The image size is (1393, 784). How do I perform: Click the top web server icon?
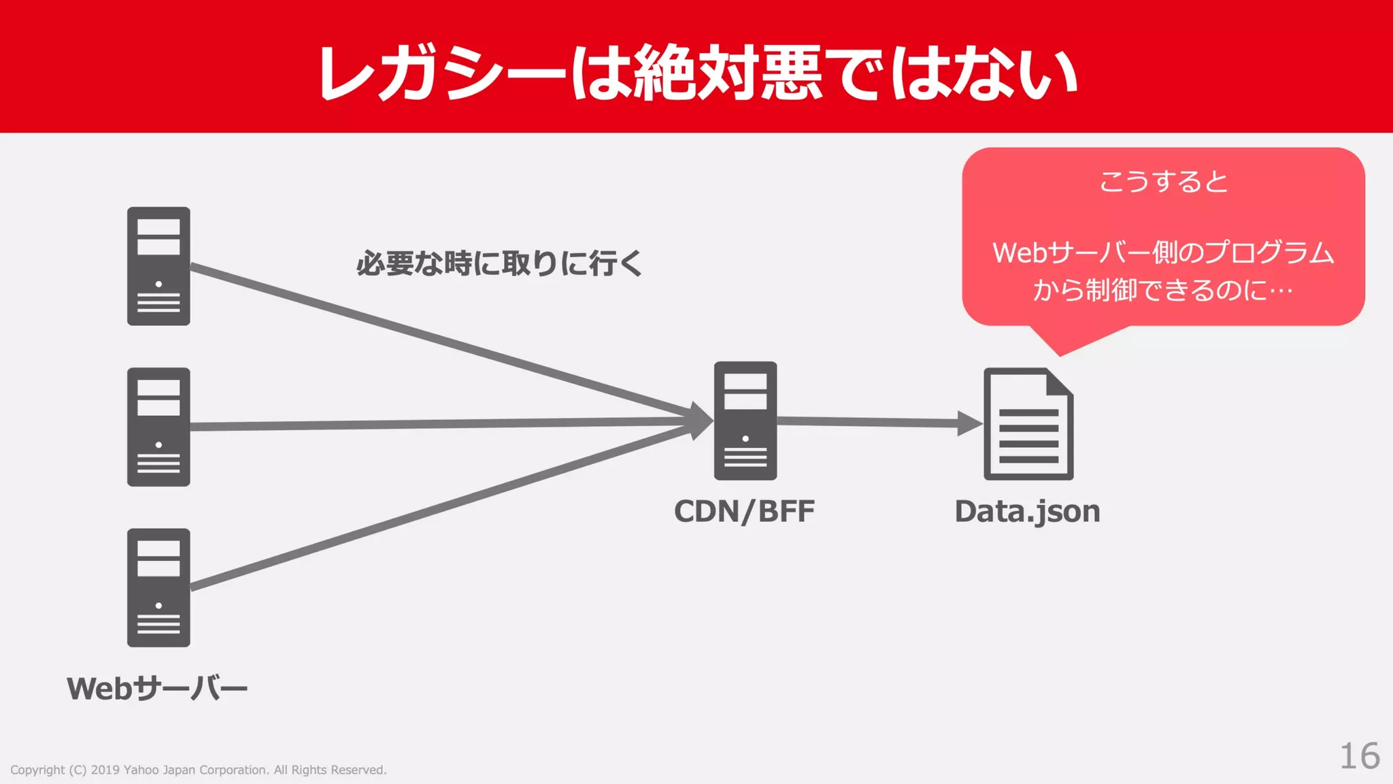(158, 266)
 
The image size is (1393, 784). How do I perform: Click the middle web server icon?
(158, 427)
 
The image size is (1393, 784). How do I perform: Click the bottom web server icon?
(158, 587)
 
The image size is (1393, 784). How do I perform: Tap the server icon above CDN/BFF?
(745, 421)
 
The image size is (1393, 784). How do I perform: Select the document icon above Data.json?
(1028, 424)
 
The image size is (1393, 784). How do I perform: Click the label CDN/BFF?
(744, 512)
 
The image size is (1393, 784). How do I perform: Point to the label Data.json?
(1027, 512)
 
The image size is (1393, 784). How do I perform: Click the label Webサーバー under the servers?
(157, 689)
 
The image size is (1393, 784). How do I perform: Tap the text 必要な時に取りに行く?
(499, 263)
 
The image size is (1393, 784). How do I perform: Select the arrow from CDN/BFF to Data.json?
(877, 423)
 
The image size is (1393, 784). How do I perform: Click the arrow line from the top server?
(435, 340)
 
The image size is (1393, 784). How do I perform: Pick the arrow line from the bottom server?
(435, 508)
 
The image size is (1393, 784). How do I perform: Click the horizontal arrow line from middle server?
(435, 424)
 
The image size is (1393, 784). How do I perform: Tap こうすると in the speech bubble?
(1163, 182)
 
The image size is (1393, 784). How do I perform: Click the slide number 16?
(1359, 756)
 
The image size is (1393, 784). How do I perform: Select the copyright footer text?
(198, 770)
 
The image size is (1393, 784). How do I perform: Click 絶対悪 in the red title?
(726, 73)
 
